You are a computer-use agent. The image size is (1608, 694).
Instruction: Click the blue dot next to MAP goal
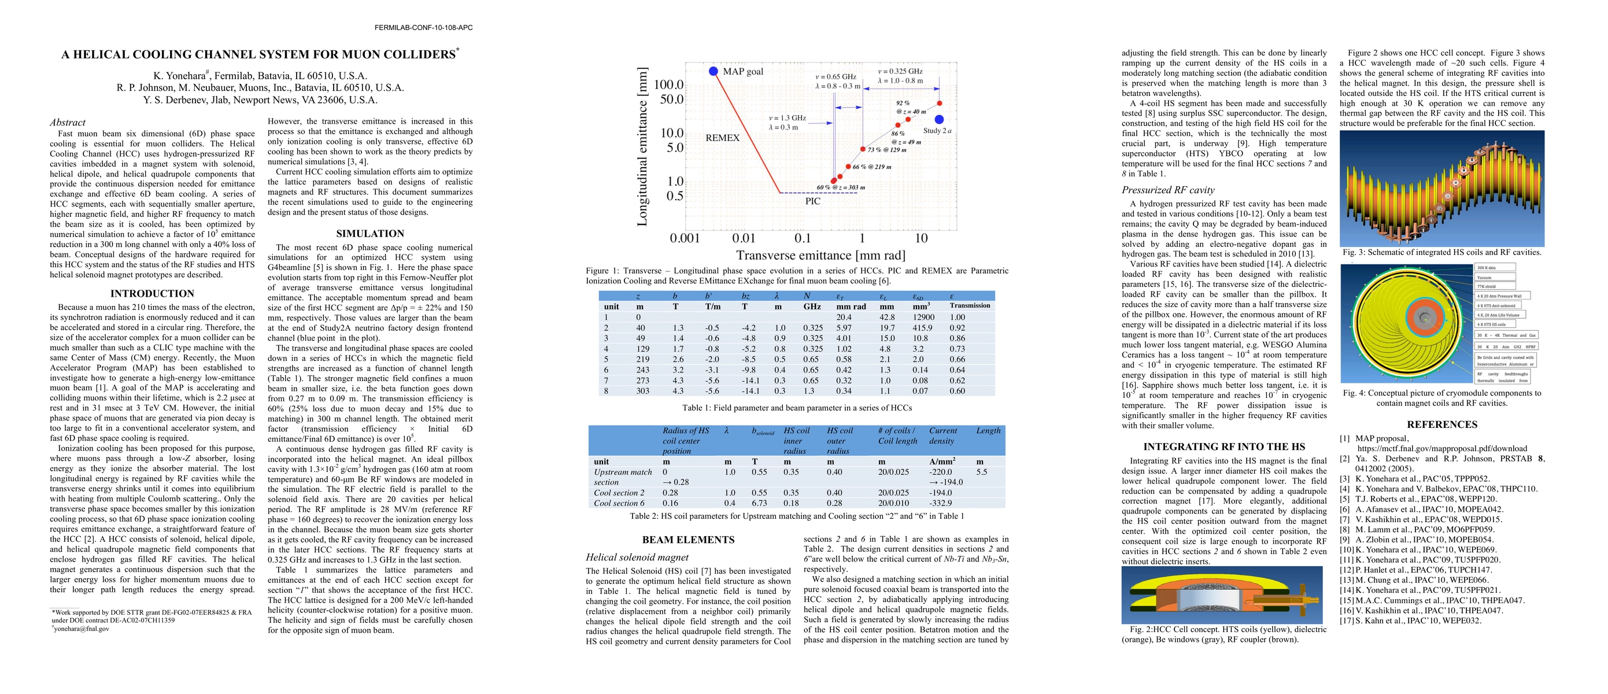[x=714, y=71]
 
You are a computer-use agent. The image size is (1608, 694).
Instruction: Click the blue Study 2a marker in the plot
[x=939, y=119]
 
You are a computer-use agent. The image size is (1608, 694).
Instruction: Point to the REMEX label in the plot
[x=722, y=138]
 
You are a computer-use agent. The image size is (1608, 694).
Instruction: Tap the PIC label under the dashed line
[x=813, y=201]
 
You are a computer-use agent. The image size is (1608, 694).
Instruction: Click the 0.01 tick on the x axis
[x=744, y=238]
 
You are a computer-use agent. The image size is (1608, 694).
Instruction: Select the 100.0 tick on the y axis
[x=668, y=84]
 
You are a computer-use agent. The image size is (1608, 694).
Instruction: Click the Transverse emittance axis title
[x=820, y=255]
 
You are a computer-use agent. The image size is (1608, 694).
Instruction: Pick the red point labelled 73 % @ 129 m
[x=863, y=149]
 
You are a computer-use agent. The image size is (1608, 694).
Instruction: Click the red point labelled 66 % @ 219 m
[x=848, y=167]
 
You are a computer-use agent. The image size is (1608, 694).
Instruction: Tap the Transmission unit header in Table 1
[x=970, y=306]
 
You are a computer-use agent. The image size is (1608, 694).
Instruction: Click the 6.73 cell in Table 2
[x=759, y=503]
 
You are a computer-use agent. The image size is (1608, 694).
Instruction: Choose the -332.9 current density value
[x=941, y=503]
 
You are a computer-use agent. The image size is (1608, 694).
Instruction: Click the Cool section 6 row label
[x=619, y=503]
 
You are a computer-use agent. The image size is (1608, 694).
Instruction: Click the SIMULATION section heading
[x=370, y=234]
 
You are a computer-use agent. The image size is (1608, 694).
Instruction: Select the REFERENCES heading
[x=1442, y=424]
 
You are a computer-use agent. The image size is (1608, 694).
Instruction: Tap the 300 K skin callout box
[x=1495, y=268]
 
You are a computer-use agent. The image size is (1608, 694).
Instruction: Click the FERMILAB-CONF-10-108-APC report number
[x=423, y=27]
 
